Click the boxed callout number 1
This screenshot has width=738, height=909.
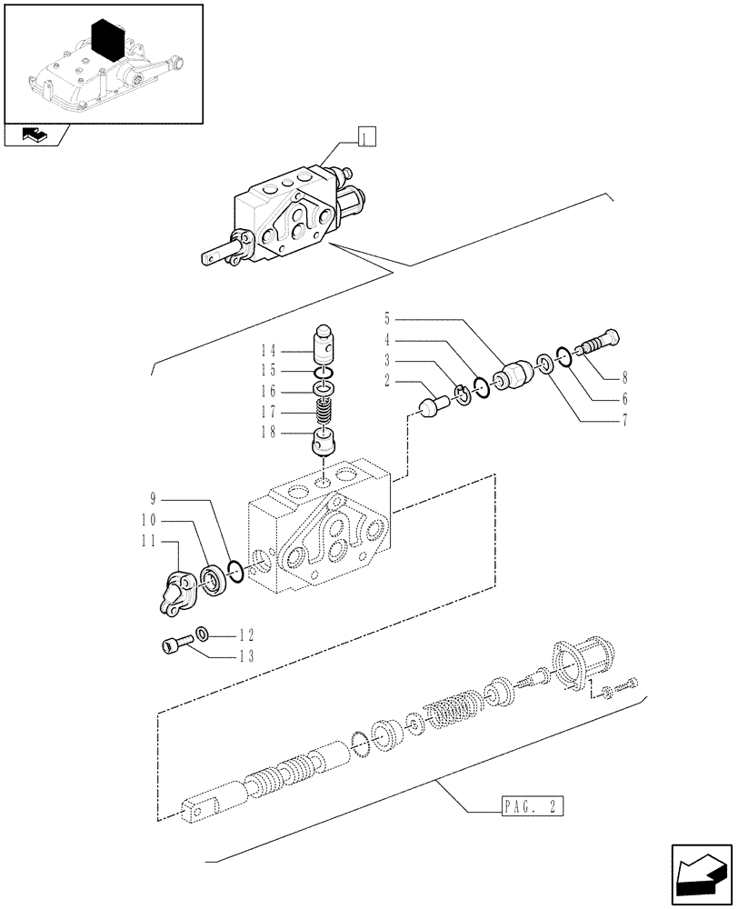coord(365,138)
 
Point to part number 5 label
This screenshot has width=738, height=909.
coord(388,319)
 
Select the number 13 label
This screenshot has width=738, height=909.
coord(245,656)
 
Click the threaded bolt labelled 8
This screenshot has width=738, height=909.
coord(599,344)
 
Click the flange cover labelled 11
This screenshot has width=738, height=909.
coord(179,594)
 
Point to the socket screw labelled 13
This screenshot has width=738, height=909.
coord(175,646)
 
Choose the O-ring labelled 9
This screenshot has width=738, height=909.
coord(234,573)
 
